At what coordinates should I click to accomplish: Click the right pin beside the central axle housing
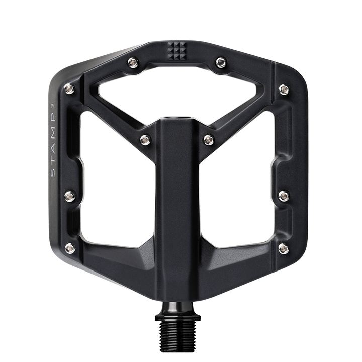pyautogui.click(x=207, y=139)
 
